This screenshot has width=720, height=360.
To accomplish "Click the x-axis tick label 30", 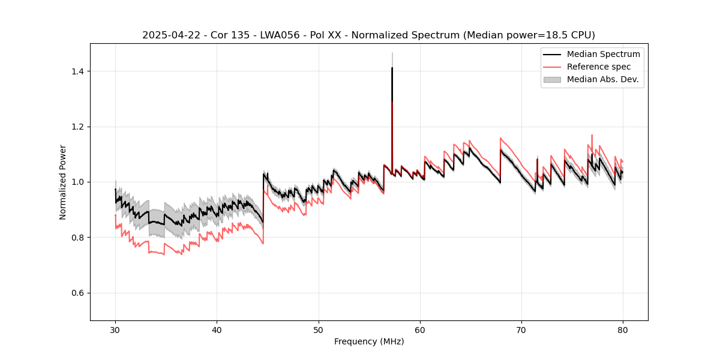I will (x=115, y=329).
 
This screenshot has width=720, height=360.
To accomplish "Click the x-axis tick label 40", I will (x=217, y=329).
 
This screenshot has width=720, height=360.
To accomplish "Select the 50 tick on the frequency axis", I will (x=319, y=329).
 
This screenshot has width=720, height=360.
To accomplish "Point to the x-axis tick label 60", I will (x=420, y=329).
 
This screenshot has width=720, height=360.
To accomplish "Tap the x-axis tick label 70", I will (x=521, y=329).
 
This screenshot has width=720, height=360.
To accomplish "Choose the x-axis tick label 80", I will (x=623, y=329).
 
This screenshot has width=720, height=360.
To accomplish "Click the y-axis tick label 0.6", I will (x=77, y=293).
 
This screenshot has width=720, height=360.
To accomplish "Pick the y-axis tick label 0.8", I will (x=77, y=238).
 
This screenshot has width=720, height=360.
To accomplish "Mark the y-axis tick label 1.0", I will (x=77, y=182).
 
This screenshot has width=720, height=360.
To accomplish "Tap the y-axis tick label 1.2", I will (x=77, y=127).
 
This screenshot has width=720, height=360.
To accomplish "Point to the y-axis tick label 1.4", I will (x=77, y=71).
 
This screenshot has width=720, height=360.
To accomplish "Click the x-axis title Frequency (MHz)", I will (x=369, y=341).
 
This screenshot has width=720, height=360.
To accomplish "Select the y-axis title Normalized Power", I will (x=63, y=182).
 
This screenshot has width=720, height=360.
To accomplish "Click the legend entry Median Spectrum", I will (x=603, y=54).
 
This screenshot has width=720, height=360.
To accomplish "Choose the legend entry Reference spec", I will (x=599, y=67).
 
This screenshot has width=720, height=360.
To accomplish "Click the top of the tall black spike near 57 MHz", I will (x=392, y=68).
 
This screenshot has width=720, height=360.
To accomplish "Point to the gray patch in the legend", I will (x=552, y=79).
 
